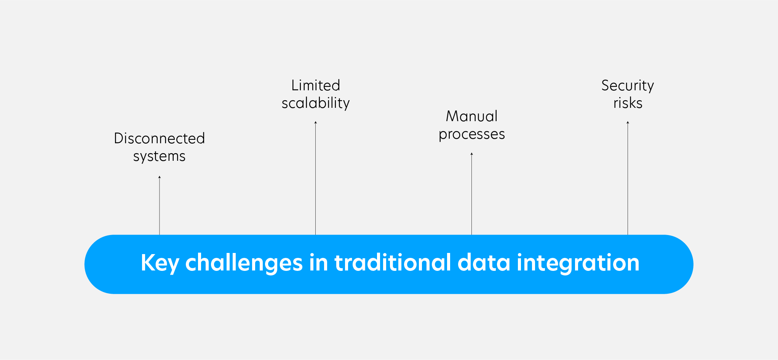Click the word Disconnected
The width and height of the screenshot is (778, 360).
[159, 138]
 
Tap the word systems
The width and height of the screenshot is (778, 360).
[159, 157]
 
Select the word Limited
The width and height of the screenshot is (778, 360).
[315, 85]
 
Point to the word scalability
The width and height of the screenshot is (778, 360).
[315, 103]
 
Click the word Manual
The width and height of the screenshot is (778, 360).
[471, 116]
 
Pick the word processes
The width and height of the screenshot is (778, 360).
[471, 134]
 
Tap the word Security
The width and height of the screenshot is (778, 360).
[627, 85]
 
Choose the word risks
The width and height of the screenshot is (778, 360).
[628, 103]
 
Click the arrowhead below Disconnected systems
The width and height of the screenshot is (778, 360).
[160, 177]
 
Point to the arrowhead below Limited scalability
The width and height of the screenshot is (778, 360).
[315, 122]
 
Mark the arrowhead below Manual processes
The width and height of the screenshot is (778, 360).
[471, 154]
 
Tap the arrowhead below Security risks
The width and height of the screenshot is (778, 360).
[628, 122]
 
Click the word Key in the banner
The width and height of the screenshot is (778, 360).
[159, 263]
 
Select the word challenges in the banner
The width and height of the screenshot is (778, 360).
[244, 263]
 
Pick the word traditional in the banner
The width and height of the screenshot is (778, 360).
[392, 263]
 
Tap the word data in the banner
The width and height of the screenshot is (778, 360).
[483, 263]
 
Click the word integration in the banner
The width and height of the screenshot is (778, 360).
[578, 263]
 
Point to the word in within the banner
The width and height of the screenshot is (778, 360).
[318, 263]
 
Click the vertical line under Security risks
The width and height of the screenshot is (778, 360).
[628, 179]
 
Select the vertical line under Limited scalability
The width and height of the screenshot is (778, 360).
[315, 179]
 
